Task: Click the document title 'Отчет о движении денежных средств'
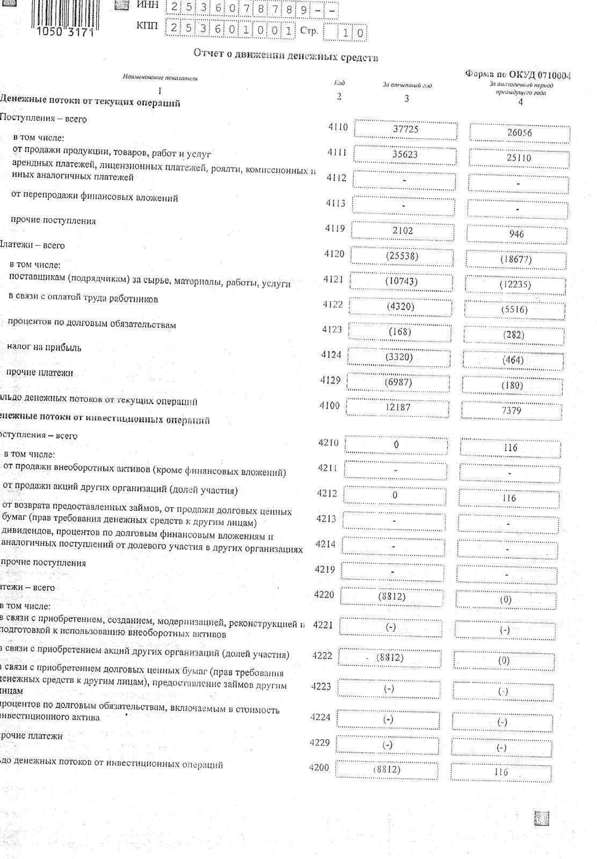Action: click(x=286, y=55)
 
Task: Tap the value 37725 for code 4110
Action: click(x=405, y=129)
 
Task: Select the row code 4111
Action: click(x=337, y=153)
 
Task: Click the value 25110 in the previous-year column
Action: click(x=519, y=157)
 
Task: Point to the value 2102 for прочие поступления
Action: click(x=403, y=230)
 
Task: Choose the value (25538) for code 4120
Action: click(x=402, y=256)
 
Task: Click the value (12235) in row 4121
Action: click(x=515, y=284)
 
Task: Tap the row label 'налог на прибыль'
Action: click(x=44, y=347)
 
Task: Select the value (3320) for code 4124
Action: click(x=399, y=357)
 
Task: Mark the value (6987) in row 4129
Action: click(x=398, y=382)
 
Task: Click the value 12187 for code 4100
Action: click(x=397, y=407)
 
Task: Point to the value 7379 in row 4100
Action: click(x=511, y=410)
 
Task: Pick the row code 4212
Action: click(x=327, y=493)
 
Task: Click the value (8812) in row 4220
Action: click(x=392, y=596)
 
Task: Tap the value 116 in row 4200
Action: click(x=501, y=772)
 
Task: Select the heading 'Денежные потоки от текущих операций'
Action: click(x=90, y=101)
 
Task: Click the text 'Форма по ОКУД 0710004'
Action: click(x=518, y=75)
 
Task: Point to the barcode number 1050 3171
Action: click(x=65, y=32)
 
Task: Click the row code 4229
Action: click(x=320, y=742)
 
